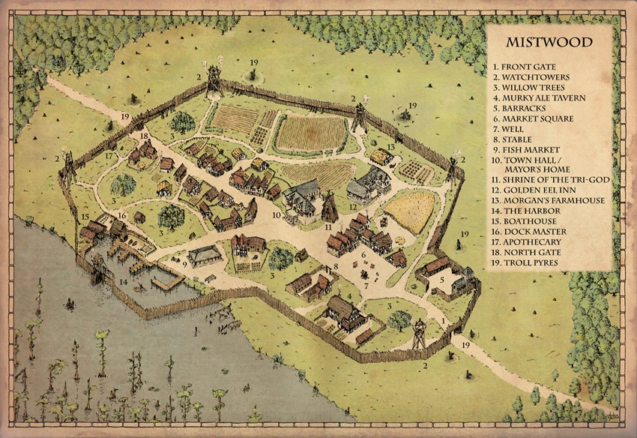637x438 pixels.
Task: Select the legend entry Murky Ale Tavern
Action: tap(543, 97)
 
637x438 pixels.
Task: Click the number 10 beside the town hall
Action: tap(277, 215)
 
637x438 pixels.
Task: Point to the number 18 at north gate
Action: tap(143, 136)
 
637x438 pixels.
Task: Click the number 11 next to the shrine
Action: tap(327, 226)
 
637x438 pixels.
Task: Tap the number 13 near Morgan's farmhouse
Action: tap(390, 147)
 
